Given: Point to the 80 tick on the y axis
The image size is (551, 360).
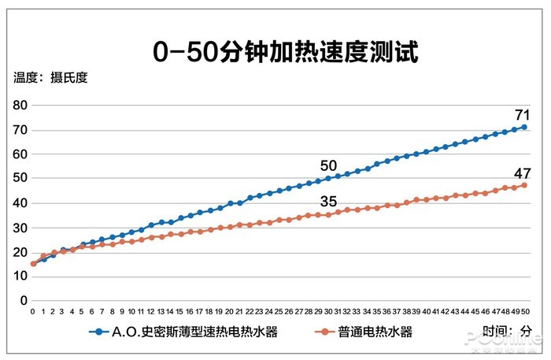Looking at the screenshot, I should click(x=19, y=106).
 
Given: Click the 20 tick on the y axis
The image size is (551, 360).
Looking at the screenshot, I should click(x=19, y=252).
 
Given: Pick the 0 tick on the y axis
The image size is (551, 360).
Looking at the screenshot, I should click(x=23, y=301).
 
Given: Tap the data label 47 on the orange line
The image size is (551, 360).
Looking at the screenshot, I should click(x=522, y=173).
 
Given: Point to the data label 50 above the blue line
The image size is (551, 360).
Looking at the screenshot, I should click(x=328, y=165).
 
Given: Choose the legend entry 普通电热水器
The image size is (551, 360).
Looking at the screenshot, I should click(x=376, y=332).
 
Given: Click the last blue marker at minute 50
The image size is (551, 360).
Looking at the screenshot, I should click(x=524, y=127).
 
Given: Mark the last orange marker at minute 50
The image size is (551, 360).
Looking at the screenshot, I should click(x=524, y=185).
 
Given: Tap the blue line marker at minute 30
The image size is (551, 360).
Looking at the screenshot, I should click(x=328, y=178).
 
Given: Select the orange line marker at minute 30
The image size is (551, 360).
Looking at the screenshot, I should click(x=328, y=214).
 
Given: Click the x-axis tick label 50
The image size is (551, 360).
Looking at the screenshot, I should click(x=524, y=311).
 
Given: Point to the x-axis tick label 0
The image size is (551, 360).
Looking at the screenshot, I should click(x=33, y=311).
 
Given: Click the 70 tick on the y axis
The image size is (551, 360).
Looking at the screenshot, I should click(x=19, y=130).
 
